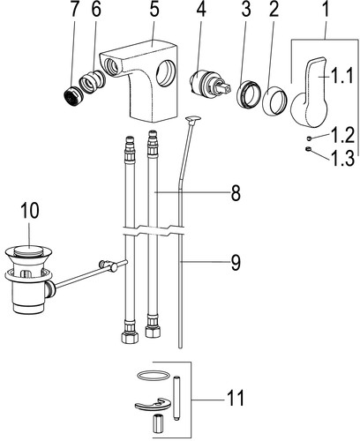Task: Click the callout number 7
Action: click(75, 11)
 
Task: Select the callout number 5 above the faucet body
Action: click(154, 11)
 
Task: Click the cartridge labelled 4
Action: click(209, 84)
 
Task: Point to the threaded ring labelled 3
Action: click(249, 94)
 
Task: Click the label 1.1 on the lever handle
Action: click(341, 77)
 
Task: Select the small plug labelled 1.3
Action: click(308, 149)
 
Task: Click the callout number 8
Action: click(236, 193)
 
